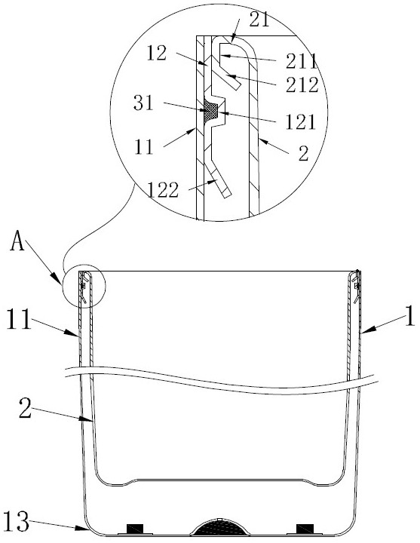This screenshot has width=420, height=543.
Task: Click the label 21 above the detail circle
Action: tap(259, 20)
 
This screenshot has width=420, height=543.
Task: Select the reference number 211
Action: tap(301, 62)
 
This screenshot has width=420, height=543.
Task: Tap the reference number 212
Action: tap(302, 84)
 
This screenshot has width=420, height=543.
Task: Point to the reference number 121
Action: tap(301, 122)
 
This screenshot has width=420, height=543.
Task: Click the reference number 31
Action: tap(143, 103)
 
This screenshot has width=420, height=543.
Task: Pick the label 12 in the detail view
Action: tap(157, 54)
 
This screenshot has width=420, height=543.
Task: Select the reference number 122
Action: tap(163, 190)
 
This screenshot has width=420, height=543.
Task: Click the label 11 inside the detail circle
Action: tap(144, 148)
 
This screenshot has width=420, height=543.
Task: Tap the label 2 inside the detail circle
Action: tap(303, 153)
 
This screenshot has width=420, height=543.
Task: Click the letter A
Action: tap(17, 241)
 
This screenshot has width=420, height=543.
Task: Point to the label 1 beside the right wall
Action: tap(410, 317)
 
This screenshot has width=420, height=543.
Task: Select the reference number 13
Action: tap(16, 522)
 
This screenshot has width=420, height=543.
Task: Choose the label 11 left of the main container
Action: tap(19, 319)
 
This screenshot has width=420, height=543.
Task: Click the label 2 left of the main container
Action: tap(26, 408)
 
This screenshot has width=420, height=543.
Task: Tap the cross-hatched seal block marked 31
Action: tap(211, 110)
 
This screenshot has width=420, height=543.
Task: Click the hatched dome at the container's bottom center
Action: tap(220, 527)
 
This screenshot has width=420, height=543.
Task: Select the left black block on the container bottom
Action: tap(135, 529)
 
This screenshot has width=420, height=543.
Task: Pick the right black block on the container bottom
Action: tap(305, 529)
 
